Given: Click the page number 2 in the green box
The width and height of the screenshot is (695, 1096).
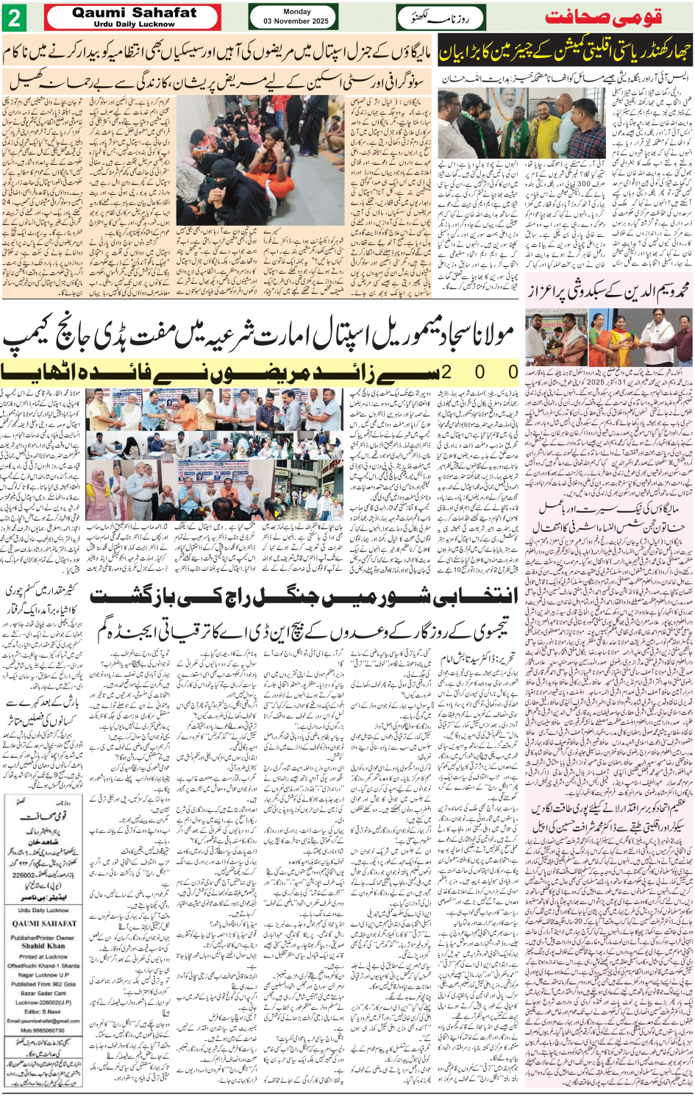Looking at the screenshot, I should pyautogui.click(x=14, y=17).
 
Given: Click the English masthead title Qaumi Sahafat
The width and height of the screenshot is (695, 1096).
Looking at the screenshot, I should pyautogui.click(x=134, y=13).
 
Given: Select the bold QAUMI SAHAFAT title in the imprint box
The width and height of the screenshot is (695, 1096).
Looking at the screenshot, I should pyautogui.click(x=43, y=924).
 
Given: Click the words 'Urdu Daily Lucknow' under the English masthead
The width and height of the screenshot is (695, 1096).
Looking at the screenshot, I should pyautogui.click(x=134, y=24).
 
